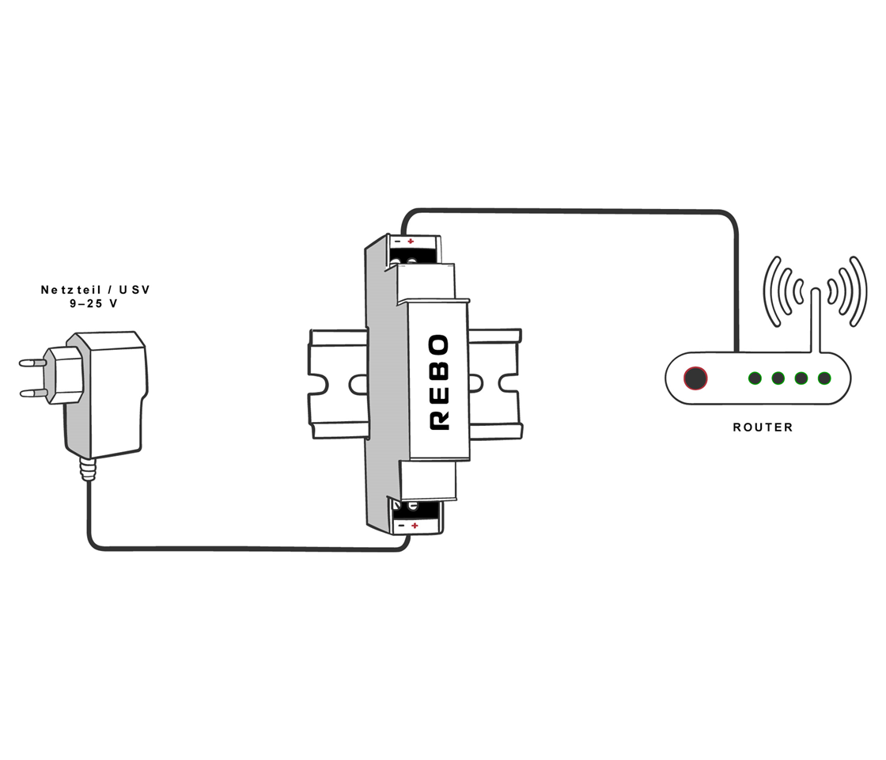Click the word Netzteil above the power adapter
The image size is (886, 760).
pyautogui.click(x=72, y=291)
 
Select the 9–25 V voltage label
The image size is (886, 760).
pyautogui.click(x=94, y=304)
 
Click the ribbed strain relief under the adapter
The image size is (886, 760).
pyautogui.click(x=87, y=469)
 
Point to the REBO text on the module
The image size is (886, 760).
pyautogui.click(x=439, y=382)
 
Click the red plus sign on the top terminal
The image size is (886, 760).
pyautogui.click(x=411, y=241)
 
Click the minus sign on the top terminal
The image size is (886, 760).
pyautogui.click(x=398, y=241)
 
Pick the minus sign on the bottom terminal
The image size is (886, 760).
pyautogui.click(x=401, y=526)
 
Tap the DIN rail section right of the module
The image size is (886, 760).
pyautogui.click(x=495, y=384)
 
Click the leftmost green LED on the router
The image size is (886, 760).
pyautogui.click(x=755, y=378)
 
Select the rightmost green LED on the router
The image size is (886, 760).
pyautogui.click(x=824, y=378)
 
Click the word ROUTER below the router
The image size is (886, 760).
pyautogui.click(x=763, y=427)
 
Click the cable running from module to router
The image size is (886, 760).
pyautogui.click(x=570, y=211)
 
